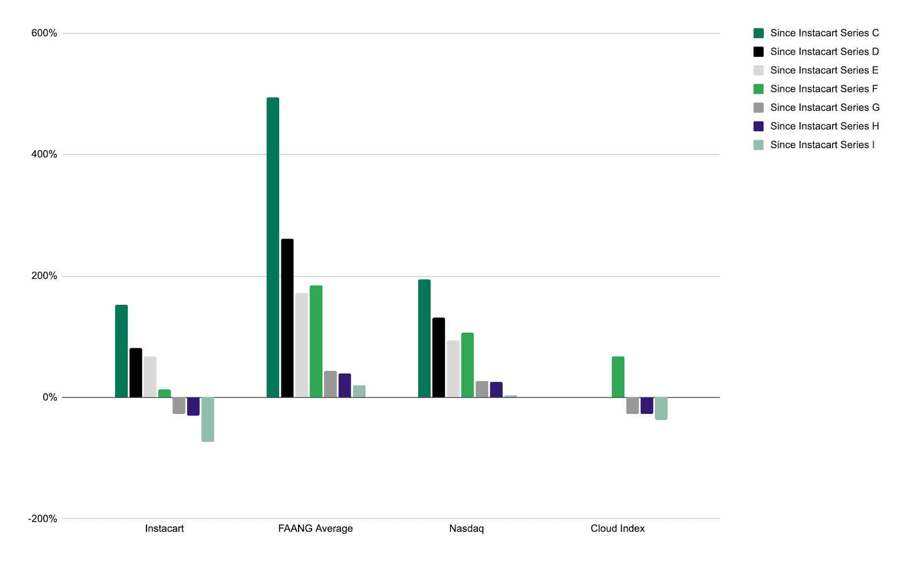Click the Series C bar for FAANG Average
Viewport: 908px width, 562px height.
click(273, 247)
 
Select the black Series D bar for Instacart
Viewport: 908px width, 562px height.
click(136, 372)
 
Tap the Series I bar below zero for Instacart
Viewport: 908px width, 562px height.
click(208, 420)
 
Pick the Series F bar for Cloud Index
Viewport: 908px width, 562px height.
click(618, 377)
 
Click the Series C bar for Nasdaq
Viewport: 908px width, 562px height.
click(424, 338)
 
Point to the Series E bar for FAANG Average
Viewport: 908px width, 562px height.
click(301, 345)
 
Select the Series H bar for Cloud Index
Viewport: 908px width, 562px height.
click(647, 405)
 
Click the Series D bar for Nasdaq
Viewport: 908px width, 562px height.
click(439, 358)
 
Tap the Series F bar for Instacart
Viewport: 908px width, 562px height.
click(165, 393)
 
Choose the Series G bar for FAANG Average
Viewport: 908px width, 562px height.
click(330, 384)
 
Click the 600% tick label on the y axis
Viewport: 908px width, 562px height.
click(44, 33)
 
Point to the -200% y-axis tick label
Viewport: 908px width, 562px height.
click(43, 519)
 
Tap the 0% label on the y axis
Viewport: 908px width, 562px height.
click(50, 397)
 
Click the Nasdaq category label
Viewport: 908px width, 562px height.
click(466, 529)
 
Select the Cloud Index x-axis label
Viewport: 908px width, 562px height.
click(617, 529)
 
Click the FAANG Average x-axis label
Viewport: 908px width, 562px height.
click(316, 529)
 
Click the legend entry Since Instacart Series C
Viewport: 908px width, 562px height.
click(824, 33)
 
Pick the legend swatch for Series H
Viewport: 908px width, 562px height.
click(759, 126)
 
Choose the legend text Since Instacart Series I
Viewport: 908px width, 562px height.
click(822, 145)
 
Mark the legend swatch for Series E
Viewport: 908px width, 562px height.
click(759, 70)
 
